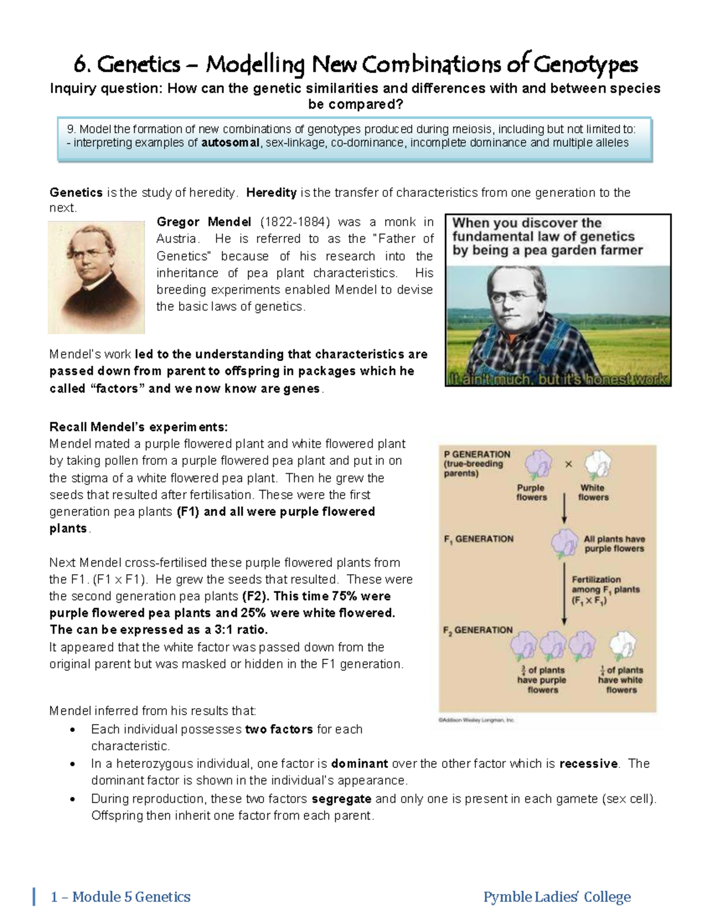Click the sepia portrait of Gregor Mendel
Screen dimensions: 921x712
(96, 277)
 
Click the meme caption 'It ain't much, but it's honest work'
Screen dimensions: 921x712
(558, 379)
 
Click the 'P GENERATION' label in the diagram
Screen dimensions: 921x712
(477, 454)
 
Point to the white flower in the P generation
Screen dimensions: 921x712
(597, 464)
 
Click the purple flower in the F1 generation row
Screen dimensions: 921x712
(564, 541)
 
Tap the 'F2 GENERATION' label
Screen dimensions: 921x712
(478, 630)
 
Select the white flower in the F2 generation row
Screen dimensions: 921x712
(622, 645)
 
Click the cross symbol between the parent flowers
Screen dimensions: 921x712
(568, 464)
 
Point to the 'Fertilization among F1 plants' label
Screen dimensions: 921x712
(605, 589)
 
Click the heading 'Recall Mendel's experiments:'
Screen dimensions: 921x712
(138, 427)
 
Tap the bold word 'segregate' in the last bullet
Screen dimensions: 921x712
(341, 799)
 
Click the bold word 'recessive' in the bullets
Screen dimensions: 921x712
(588, 764)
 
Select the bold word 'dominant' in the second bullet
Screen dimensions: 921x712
(359, 764)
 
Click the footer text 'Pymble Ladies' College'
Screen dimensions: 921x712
(557, 897)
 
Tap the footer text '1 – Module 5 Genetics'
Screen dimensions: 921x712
(121, 897)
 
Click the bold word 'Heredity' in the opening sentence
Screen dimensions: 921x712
(271, 193)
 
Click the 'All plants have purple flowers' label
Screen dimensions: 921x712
(614, 544)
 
